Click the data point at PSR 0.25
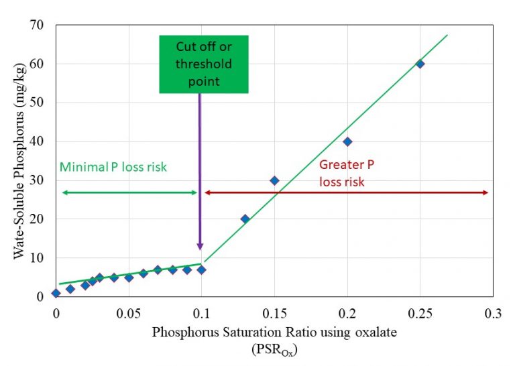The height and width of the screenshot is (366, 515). tap(420, 64)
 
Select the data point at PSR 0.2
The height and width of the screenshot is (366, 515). tap(347, 141)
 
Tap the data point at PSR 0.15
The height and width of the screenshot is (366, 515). tap(274, 180)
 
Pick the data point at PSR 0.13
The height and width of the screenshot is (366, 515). tap(245, 219)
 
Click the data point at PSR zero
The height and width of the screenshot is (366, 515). tap(56, 293)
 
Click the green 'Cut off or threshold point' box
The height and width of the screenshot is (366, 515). tap(204, 64)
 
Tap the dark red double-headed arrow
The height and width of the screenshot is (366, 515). tap(346, 192)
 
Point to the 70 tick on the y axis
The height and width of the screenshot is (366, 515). tap(36, 25)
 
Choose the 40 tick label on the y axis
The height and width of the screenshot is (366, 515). tap(36, 141)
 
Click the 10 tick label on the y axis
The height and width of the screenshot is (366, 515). tap(36, 258)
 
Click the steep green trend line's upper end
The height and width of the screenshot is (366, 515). tap(447, 35)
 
